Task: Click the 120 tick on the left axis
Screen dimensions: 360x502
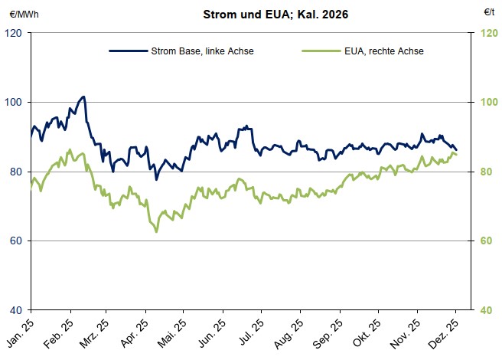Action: [x=14, y=33]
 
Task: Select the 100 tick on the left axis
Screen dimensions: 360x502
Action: [x=14, y=103]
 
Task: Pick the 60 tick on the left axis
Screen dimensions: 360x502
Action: [x=16, y=241]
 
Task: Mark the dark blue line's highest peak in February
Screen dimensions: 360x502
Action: [x=83, y=97]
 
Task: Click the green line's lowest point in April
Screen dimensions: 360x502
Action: [x=156, y=231]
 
